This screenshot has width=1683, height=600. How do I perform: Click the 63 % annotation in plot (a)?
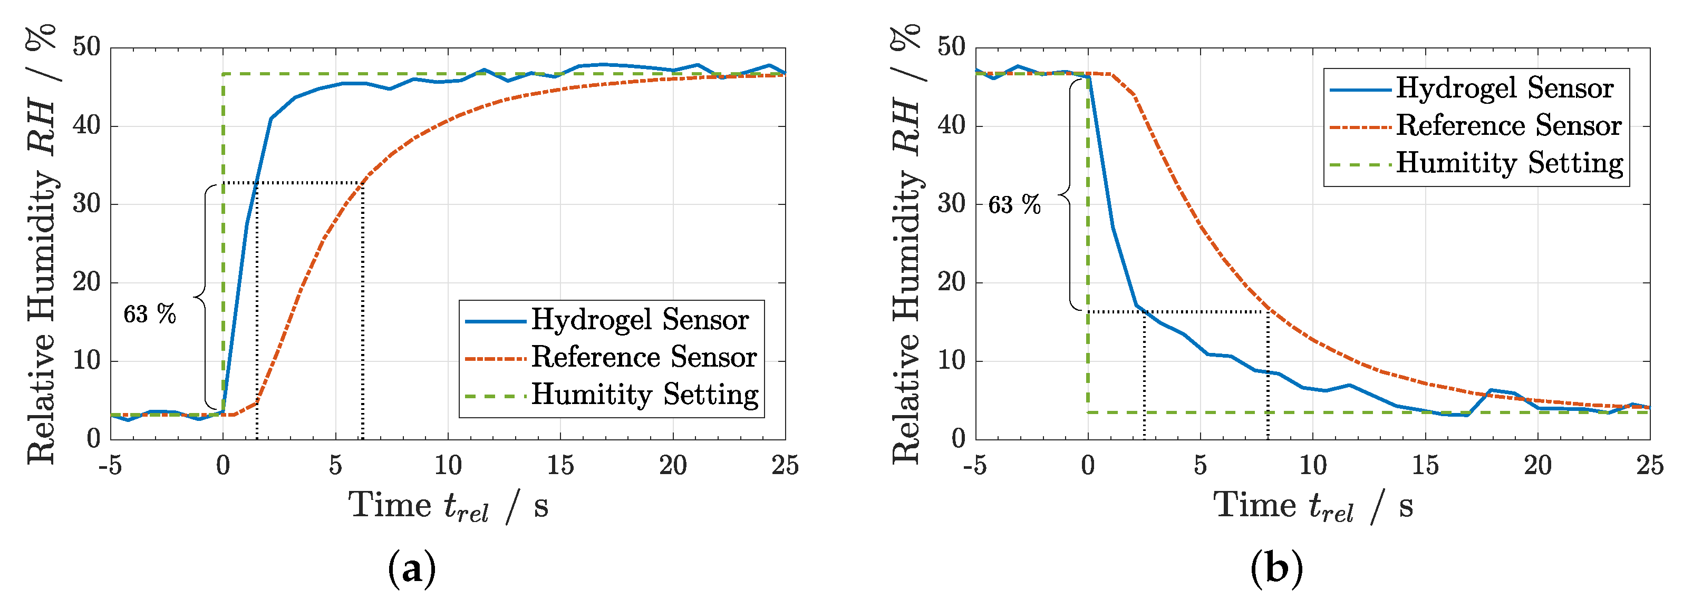(x=150, y=314)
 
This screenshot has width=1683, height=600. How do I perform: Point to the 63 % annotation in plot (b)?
(x=1014, y=205)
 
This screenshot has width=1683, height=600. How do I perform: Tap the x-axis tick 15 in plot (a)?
(x=560, y=466)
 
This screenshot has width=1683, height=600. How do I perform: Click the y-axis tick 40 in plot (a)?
(x=86, y=125)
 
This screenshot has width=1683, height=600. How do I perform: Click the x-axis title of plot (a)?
(x=448, y=507)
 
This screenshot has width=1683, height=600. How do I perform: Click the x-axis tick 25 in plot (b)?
(x=1649, y=466)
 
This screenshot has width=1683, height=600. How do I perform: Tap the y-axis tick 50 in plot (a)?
(x=86, y=47)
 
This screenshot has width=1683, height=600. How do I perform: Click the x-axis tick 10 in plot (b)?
(x=1312, y=466)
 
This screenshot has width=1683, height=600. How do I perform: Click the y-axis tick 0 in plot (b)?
(x=958, y=439)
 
